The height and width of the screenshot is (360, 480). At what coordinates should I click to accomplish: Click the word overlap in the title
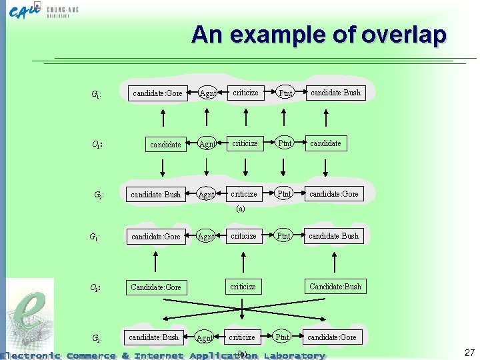point(403,35)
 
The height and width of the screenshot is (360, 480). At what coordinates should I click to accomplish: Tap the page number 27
point(469,353)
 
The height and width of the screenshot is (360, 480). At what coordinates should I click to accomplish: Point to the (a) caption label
point(241,209)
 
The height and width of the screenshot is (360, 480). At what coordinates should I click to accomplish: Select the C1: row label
point(97,143)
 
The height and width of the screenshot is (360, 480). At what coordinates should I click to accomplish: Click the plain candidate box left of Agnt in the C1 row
point(165,144)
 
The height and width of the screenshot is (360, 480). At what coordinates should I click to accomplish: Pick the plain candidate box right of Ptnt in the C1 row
point(325,143)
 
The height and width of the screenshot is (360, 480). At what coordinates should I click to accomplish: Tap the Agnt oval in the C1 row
point(207,143)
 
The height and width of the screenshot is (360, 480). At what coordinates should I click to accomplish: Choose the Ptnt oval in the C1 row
point(285,143)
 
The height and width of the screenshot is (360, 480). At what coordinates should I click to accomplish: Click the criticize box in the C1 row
point(245,143)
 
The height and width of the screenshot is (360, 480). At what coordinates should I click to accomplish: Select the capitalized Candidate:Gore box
point(156,287)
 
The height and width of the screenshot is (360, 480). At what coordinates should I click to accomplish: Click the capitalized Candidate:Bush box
point(335,287)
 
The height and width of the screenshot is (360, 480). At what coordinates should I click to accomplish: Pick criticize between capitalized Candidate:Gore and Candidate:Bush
point(243,287)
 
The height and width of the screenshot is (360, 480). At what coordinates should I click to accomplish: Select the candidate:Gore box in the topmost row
point(157,93)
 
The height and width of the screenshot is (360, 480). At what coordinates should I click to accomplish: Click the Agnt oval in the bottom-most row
point(205,338)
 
